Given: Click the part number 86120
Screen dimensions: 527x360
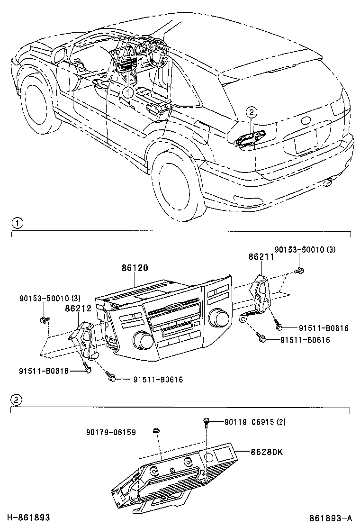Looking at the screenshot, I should (135, 268).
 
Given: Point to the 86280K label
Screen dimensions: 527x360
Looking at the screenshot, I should (267, 452).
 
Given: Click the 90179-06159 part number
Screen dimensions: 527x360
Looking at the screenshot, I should (111, 432).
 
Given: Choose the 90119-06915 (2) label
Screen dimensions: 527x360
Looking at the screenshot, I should (254, 422).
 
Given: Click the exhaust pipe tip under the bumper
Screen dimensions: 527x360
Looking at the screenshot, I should (327, 182).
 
